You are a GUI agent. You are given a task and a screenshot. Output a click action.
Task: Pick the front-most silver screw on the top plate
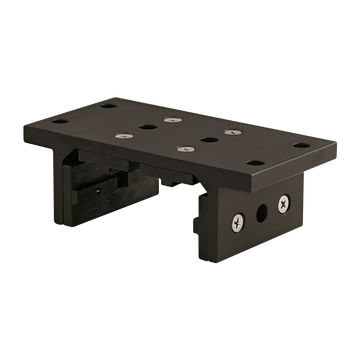pyautogui.click(x=183, y=149)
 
